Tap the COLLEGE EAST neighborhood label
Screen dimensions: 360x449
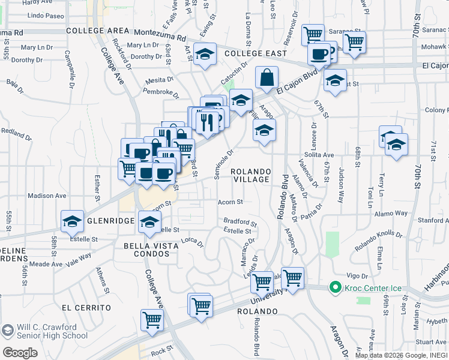coord(249,53)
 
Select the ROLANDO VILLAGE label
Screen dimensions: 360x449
coord(252,175)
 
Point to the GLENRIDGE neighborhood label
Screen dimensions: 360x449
coord(110,221)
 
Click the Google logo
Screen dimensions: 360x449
coord(20,352)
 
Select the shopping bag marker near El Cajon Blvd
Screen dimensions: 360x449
coord(266,77)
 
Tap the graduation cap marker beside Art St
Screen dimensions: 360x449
coord(205,55)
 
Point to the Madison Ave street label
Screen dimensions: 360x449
coord(47,196)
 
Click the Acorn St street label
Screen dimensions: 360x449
coord(231,202)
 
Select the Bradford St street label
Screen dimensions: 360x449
coord(240,222)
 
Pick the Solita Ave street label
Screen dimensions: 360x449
coord(319,154)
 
